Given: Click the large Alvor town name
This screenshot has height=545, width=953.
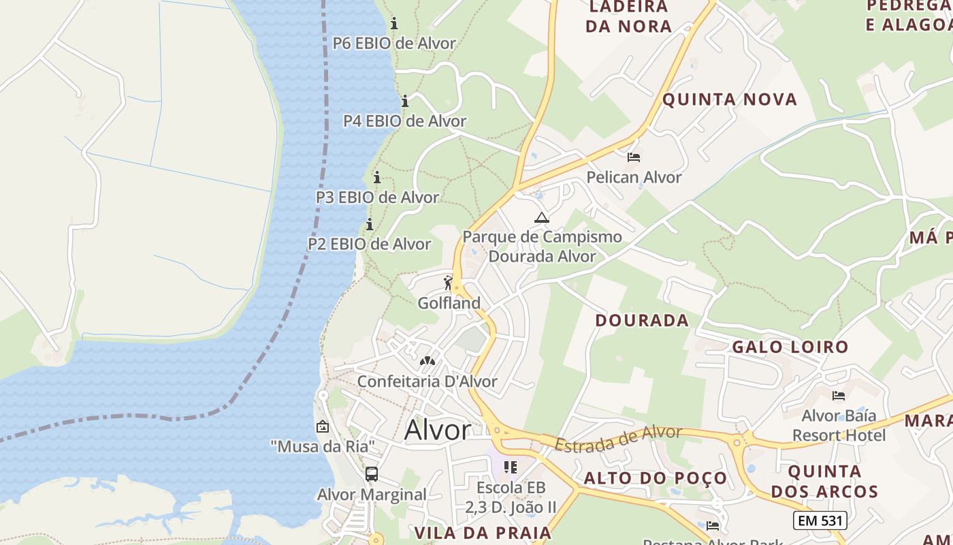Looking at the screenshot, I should (x=437, y=430).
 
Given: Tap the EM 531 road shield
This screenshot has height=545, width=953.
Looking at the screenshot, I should (x=820, y=520).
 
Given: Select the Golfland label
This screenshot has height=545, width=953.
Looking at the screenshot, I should (x=449, y=302).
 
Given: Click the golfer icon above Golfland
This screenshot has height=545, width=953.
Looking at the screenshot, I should (x=448, y=282).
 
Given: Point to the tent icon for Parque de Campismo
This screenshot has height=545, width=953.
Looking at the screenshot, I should (x=542, y=218).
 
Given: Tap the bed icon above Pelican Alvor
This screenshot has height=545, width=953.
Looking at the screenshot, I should (x=634, y=157).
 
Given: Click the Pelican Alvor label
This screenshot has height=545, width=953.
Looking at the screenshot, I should (x=634, y=177).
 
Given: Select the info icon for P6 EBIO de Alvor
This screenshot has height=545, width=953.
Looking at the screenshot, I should (x=394, y=24).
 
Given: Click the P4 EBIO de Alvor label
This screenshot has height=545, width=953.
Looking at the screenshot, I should (x=404, y=121).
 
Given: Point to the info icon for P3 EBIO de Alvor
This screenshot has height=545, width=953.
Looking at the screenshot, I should (x=376, y=178).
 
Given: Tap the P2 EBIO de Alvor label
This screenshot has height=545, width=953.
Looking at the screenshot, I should (x=369, y=244).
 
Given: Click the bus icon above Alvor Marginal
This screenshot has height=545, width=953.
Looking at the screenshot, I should (x=372, y=474).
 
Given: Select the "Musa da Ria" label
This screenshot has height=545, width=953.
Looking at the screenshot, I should (x=323, y=447).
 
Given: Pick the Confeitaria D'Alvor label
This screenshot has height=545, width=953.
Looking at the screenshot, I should (x=427, y=381).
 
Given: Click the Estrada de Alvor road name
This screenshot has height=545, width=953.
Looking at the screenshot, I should (x=617, y=438).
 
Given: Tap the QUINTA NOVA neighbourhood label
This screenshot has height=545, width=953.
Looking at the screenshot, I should (x=729, y=99).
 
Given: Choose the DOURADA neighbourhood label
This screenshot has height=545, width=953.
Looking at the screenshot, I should (x=642, y=320).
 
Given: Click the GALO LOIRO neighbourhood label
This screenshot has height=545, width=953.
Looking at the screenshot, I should (x=790, y=347).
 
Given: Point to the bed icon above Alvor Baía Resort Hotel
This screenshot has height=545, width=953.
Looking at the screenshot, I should (x=839, y=395).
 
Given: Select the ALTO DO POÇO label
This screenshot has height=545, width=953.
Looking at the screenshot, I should (x=656, y=478).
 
